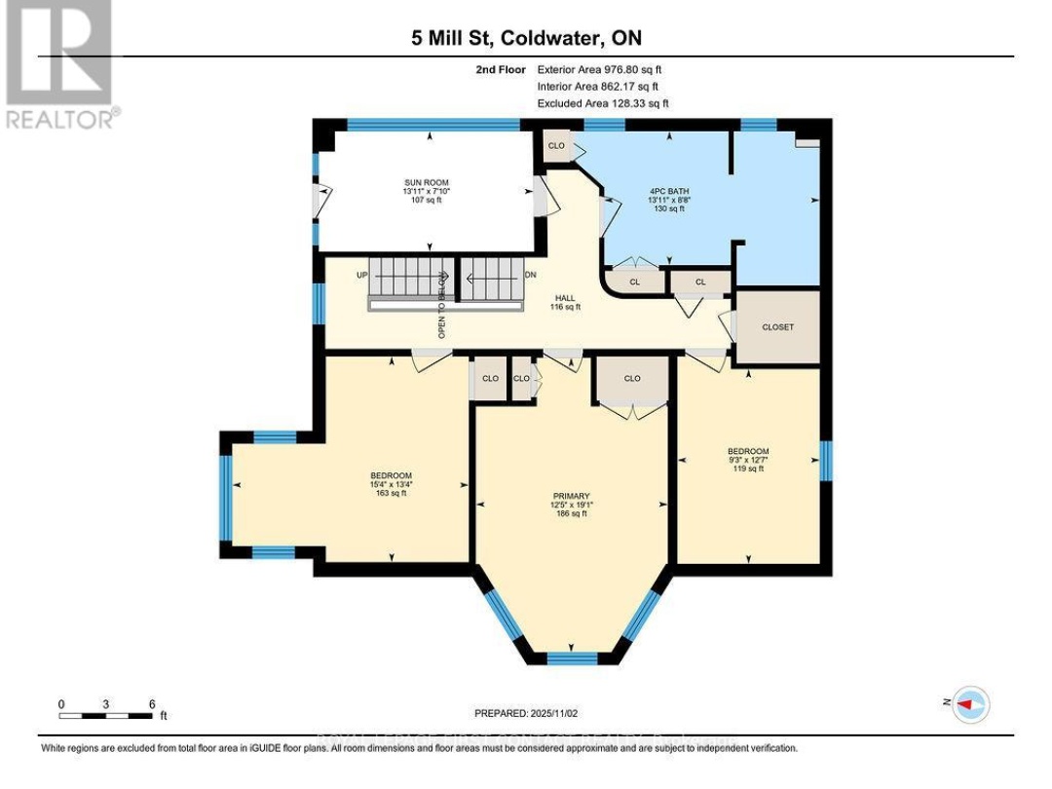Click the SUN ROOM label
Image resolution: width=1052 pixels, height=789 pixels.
pyautogui.click(x=428, y=182)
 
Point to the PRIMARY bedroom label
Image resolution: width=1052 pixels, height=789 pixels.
pyautogui.click(x=570, y=495)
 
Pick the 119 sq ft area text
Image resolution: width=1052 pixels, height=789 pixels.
pyautogui.click(x=748, y=469)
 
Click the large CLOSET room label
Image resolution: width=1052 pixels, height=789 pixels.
pyautogui.click(x=777, y=327)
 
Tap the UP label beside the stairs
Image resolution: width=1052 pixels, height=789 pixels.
pyautogui.click(x=362, y=276)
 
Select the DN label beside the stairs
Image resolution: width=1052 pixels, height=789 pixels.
pyautogui.click(x=531, y=276)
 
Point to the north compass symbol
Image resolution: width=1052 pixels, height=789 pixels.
pyautogui.click(x=970, y=703)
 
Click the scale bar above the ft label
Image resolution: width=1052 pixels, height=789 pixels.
pyautogui.click(x=106, y=715)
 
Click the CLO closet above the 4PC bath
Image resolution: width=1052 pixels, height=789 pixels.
pyautogui.click(x=556, y=146)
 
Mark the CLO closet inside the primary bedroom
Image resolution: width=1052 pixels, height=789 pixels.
pyautogui.click(x=632, y=378)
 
